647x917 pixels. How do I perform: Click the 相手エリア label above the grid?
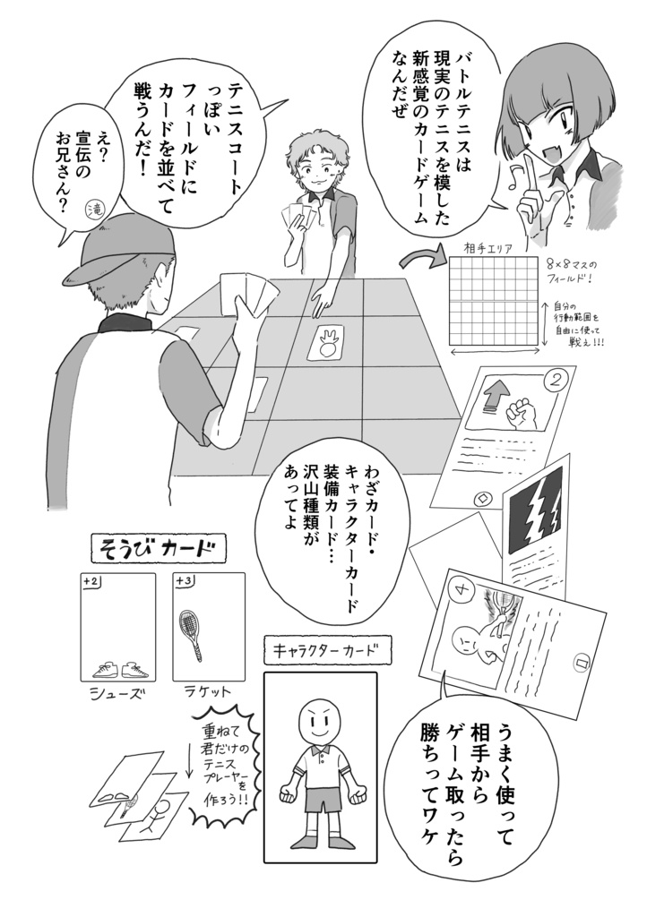(487, 248)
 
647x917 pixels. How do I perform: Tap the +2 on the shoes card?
(91, 582)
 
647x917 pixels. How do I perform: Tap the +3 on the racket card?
(184, 582)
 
